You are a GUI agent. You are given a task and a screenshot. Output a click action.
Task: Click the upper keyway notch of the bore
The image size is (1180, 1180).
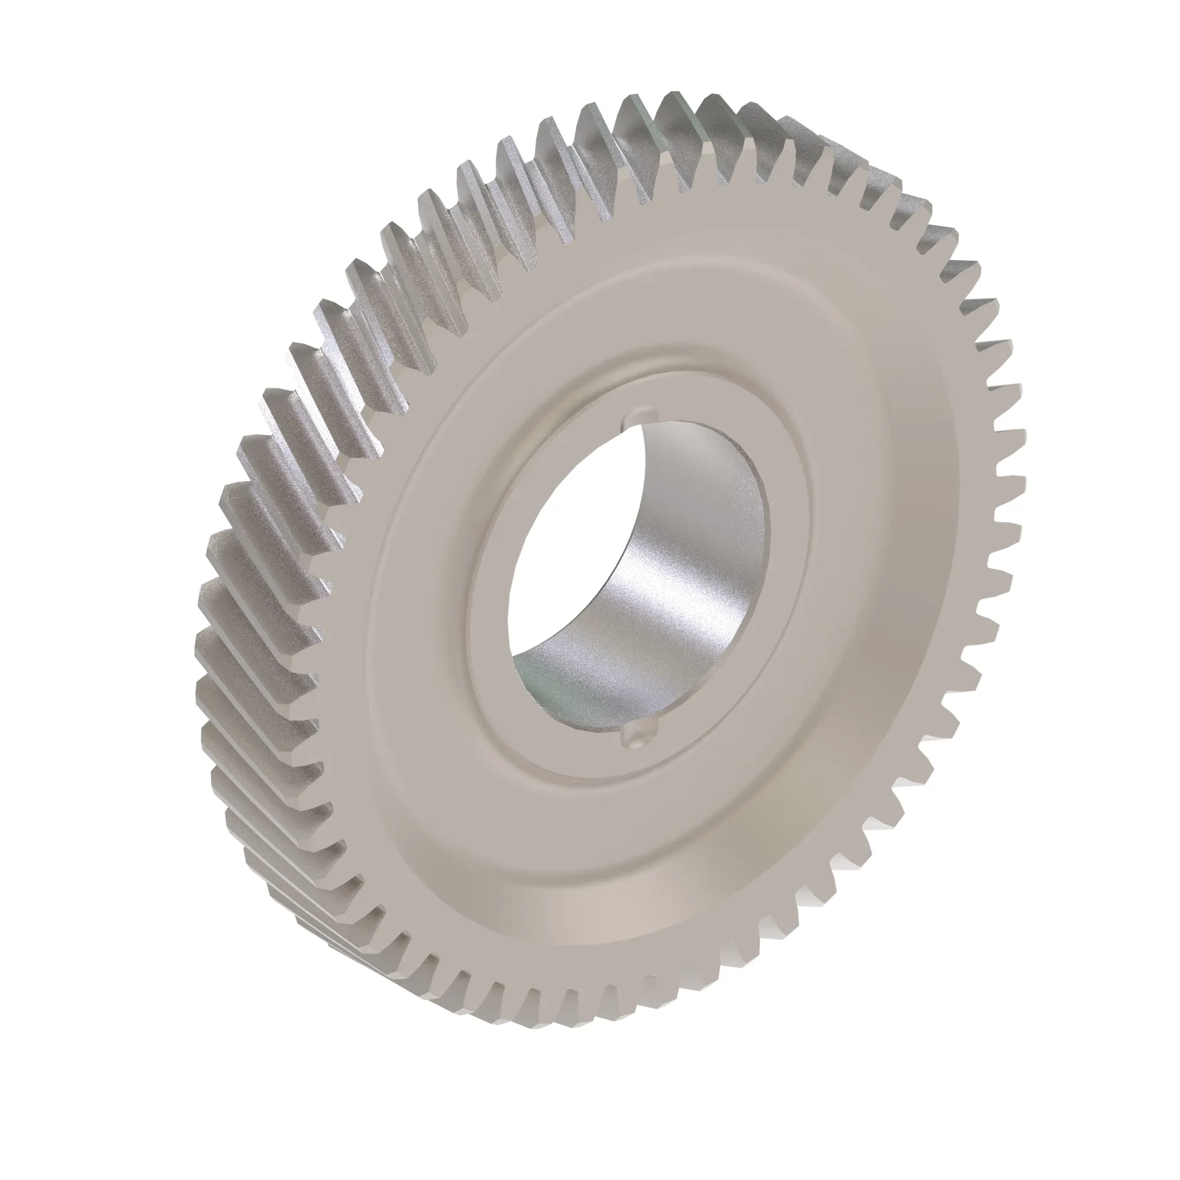point(640,414)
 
